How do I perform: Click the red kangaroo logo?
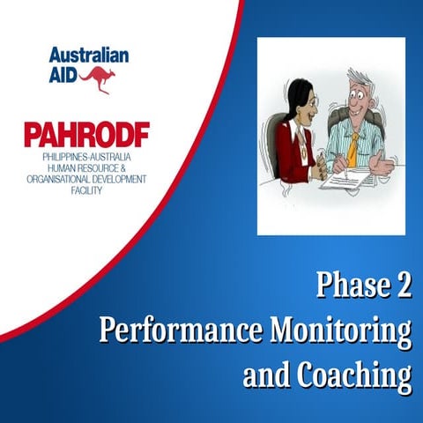[98, 79]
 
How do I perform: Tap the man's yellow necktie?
[352, 145]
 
